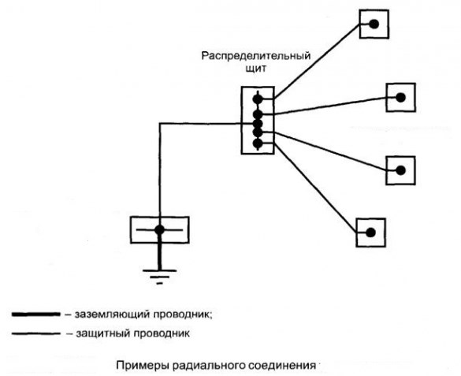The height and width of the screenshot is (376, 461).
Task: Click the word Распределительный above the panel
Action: tap(256, 56)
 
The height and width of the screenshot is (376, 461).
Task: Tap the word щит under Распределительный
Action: tap(256, 69)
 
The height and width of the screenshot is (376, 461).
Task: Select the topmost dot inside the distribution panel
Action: tap(258, 99)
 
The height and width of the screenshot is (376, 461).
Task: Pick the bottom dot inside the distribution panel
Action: tap(258, 143)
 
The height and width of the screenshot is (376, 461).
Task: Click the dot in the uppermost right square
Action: tap(374, 24)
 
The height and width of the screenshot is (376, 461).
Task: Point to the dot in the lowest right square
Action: tap(370, 233)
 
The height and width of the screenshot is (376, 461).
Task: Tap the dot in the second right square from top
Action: tap(401, 97)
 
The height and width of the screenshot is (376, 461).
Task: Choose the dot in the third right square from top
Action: tap(401, 170)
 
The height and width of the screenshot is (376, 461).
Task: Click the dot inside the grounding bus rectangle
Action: tap(160, 230)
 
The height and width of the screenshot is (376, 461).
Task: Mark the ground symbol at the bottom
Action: tap(160, 277)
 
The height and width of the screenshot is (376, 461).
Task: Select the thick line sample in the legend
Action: tap(36, 315)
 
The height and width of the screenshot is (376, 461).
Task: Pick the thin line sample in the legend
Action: tap(36, 333)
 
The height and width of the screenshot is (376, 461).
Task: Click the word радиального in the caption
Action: tap(209, 366)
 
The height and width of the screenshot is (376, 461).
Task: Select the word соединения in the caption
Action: tap(282, 366)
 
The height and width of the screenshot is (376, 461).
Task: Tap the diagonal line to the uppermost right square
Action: tap(317, 61)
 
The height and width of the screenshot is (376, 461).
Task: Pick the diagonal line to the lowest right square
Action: tap(315, 188)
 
